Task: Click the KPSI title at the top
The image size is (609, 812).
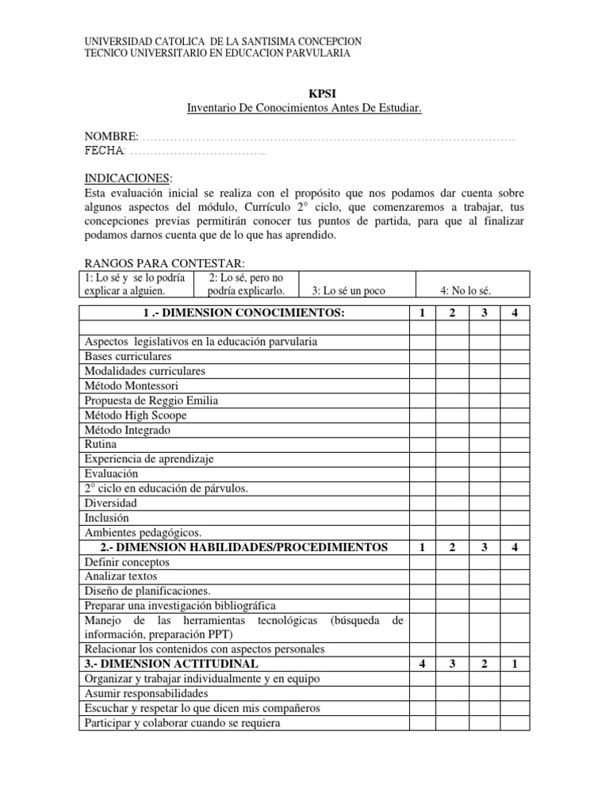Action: (304, 93)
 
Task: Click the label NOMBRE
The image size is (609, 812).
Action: (111, 137)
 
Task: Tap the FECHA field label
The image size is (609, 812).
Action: (104, 151)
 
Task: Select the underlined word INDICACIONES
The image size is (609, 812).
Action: (126, 178)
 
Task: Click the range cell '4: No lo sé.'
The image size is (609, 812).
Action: (473, 291)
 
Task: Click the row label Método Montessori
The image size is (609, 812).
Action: (125, 386)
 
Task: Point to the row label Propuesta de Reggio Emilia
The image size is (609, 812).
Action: (151, 400)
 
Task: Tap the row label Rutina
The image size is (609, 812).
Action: (100, 445)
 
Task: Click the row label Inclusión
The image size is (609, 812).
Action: (106, 518)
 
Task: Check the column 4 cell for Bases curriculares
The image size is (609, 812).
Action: (515, 357)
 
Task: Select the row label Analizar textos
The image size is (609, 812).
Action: (121, 576)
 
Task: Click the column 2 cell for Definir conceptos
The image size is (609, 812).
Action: (452, 562)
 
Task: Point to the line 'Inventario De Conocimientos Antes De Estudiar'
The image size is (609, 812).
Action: (304, 107)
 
